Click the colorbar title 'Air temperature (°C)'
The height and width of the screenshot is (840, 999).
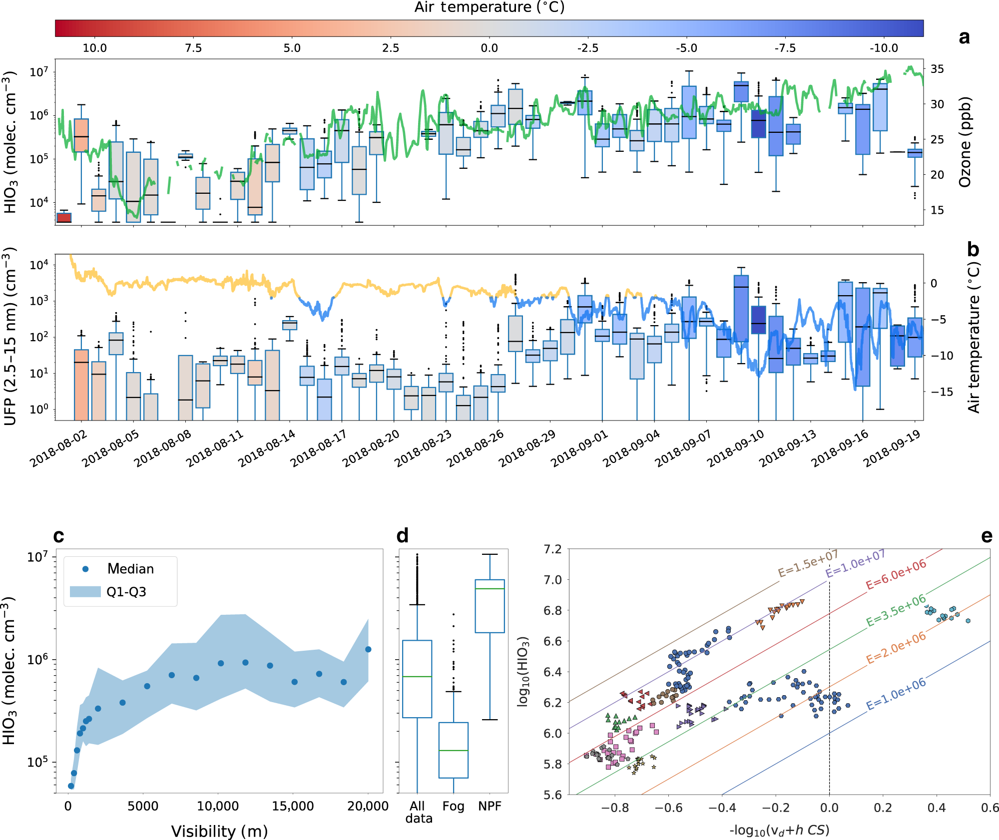[489, 7]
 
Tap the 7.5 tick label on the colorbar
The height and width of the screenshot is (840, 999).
[193, 48]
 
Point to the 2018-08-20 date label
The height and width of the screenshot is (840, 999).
[371, 448]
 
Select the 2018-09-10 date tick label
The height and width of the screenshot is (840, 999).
[735, 448]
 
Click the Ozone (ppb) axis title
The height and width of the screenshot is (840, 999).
[965, 142]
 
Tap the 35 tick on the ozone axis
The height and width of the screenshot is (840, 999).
[937, 69]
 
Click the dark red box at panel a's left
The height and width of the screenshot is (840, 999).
[64, 217]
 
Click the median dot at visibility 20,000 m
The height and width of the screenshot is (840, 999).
[368, 649]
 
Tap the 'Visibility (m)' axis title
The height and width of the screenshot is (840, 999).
[219, 831]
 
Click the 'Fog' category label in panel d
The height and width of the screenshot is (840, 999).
[453, 806]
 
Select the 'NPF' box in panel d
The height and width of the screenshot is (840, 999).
[490, 606]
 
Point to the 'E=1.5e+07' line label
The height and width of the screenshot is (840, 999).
[808, 563]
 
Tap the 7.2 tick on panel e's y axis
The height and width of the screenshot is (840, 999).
[552, 549]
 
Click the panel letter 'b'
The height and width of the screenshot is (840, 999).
[973, 249]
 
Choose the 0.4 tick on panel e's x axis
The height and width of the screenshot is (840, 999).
[936, 808]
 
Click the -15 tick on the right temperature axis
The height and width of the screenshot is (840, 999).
[941, 392]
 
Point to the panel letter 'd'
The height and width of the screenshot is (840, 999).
[402, 535]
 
